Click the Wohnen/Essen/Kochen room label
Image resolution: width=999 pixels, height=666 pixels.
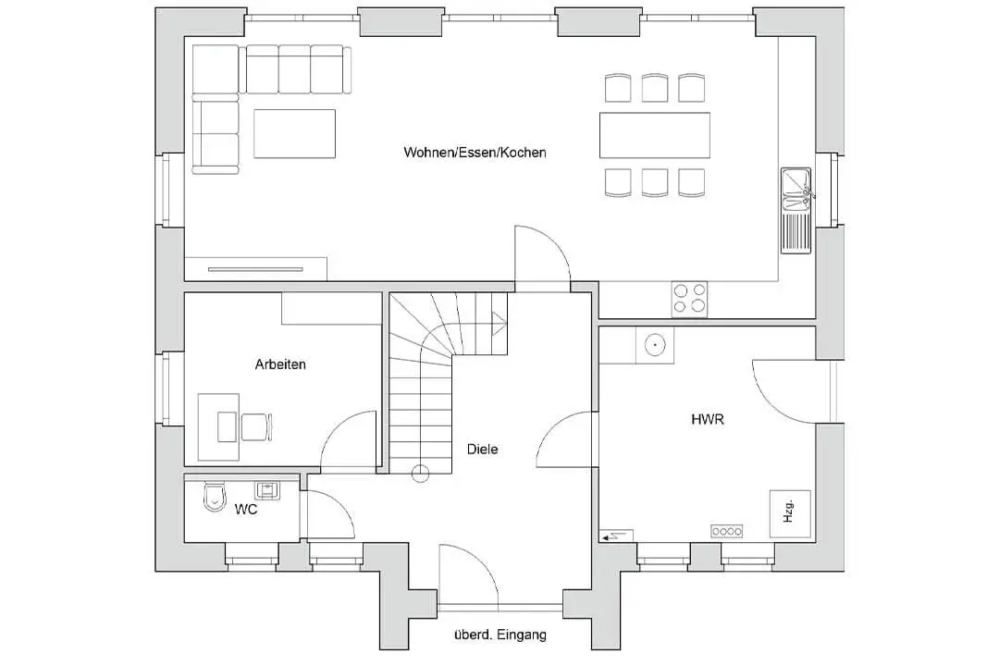475,153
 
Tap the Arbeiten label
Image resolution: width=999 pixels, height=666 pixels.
280,364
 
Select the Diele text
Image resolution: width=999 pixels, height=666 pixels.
482,449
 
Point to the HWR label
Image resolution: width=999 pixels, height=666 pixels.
708,419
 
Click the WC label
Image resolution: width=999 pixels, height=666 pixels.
246,510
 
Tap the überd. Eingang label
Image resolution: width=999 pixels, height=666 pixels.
500,635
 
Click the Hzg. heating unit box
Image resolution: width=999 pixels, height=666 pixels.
790,513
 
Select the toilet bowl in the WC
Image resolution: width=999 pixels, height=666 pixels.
215,497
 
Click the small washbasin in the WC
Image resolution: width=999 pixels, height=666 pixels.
266,490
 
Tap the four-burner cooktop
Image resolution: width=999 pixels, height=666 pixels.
689,299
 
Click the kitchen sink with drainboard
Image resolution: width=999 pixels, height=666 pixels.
795,210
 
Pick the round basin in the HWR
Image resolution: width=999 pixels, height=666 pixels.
654,345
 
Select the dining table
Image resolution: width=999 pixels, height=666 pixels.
654,135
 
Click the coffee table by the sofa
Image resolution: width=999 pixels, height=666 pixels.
294,133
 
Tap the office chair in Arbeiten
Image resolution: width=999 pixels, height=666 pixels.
256,427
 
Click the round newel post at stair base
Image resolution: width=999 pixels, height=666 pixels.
421,474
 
